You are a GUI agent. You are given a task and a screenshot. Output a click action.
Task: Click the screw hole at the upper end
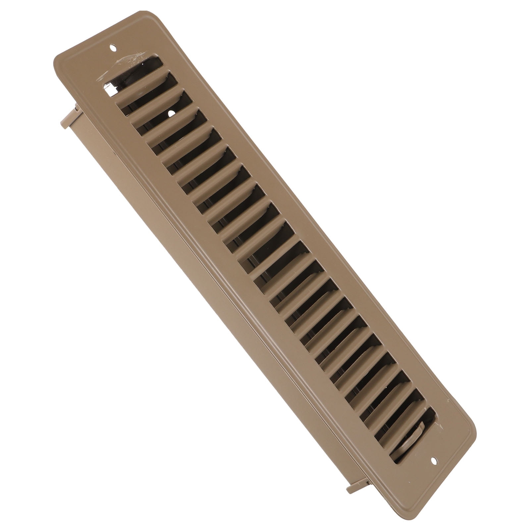point(113,48)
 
